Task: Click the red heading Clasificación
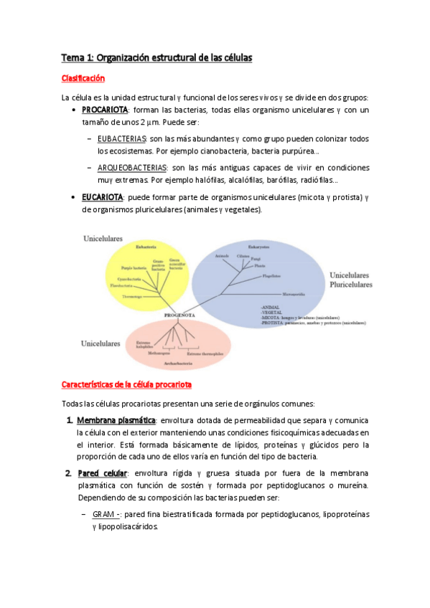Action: tap(83, 78)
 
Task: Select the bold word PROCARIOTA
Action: tap(105, 110)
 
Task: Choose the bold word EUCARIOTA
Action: tap(103, 196)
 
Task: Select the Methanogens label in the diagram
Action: tap(159, 353)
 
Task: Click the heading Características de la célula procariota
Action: tap(126, 385)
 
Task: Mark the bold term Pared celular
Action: tap(101, 473)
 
